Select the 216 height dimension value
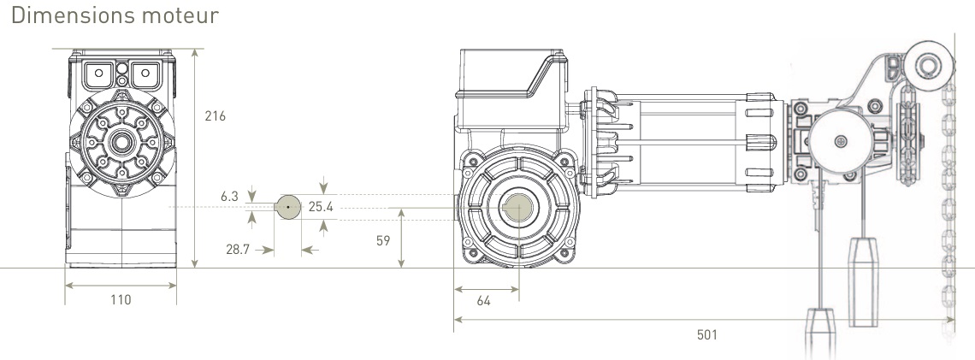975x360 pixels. pos(216,116)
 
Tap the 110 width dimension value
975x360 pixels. pos(121,299)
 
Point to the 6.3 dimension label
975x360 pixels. pos(228,197)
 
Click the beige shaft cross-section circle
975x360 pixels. pos(288,207)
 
